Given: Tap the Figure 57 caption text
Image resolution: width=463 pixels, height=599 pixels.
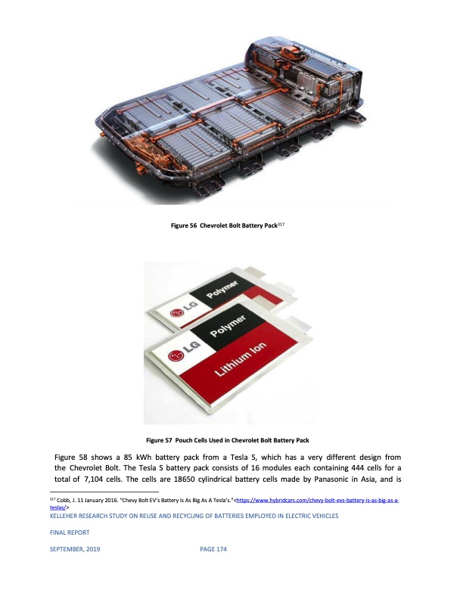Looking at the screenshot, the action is click(228, 440).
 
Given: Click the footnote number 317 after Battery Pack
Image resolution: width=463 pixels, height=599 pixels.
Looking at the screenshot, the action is click(281, 224).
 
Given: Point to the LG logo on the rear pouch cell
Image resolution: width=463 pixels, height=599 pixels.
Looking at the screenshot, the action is click(183, 309).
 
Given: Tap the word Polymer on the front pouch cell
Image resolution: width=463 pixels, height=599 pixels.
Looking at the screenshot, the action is click(228, 325).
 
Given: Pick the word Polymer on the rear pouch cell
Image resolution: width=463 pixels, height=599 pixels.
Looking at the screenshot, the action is click(222, 289).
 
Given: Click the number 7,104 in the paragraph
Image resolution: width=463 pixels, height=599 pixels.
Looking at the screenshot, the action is click(93, 479).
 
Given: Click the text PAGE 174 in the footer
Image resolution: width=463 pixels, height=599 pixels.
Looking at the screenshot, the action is click(213, 549).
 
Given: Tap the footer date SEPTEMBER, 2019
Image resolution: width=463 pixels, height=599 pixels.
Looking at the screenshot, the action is click(75, 549).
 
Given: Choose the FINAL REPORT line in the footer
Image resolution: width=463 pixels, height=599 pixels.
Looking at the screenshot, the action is click(70, 532).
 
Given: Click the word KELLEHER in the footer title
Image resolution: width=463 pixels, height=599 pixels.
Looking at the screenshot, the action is click(64, 516).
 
